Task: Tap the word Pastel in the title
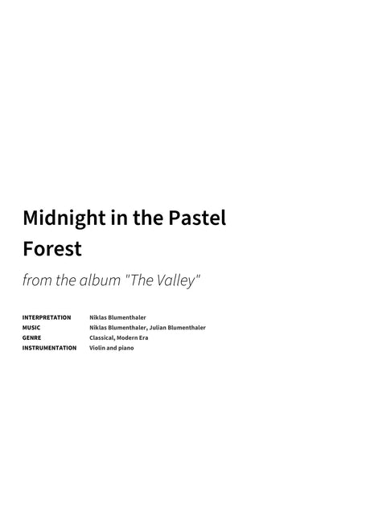tap(196, 218)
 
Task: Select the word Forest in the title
tap(52, 248)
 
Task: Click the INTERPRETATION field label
tap(47, 317)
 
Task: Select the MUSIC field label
tap(31, 328)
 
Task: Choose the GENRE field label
tap(31, 337)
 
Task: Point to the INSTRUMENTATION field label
tap(49, 348)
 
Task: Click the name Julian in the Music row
tap(160, 328)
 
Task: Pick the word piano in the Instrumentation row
tap(126, 348)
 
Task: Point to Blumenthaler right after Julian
tap(188, 328)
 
